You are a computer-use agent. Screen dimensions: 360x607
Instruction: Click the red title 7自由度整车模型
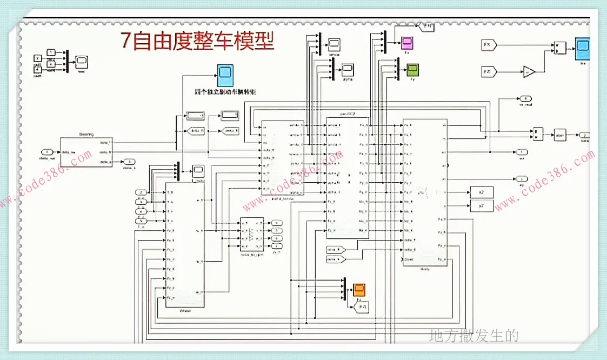point(197,41)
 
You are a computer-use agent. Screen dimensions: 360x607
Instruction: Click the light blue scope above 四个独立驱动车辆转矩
point(225,75)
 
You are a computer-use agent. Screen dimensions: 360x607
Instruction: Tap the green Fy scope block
point(412,70)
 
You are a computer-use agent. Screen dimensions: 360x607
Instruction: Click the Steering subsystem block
point(86,152)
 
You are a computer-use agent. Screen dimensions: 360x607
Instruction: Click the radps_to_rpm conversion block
point(251,234)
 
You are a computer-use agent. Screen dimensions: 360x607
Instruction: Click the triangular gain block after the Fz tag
point(529,71)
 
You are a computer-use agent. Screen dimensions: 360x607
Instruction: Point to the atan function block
point(559,135)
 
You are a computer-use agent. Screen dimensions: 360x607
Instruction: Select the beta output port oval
point(584,135)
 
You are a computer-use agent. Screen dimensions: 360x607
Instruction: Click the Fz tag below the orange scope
point(362,307)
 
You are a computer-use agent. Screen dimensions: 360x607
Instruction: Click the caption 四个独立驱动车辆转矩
point(225,92)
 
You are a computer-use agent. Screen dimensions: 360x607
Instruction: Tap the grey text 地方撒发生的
point(473,336)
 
